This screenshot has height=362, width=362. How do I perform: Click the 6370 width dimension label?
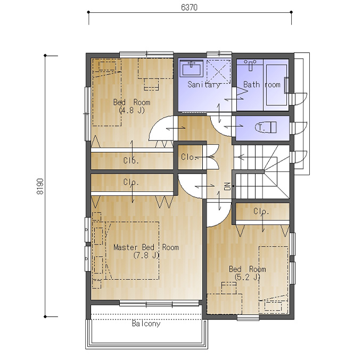coord(189,7)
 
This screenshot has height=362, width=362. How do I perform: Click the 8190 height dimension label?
coord(40,186)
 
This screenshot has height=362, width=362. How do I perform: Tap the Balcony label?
coord(146,324)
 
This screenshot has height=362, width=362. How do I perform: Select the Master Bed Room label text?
coord(146,247)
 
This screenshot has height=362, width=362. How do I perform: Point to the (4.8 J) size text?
coord(131,110)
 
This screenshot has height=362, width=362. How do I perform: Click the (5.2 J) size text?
coord(247,277)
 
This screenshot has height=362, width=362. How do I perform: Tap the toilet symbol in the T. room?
coord(266,127)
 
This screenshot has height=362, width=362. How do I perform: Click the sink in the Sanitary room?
coord(192,68)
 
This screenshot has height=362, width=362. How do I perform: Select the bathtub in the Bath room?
coord(276,85)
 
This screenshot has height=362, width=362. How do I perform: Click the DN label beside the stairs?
coord(228,186)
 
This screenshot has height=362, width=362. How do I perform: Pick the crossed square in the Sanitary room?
coord(218,71)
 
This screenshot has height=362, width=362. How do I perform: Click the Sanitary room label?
coord(204,85)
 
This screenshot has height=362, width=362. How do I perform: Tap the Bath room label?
coord(262,85)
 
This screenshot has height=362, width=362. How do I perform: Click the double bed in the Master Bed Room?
coord(132,251)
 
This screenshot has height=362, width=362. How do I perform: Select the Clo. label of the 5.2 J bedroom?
coord(261,211)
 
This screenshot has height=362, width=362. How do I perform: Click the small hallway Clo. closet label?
coord(188,157)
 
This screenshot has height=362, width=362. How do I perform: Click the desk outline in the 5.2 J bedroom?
coord(224,304)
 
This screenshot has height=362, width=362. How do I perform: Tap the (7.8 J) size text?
coord(146,255)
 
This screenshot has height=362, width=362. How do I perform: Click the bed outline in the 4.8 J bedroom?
coord(106,92)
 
